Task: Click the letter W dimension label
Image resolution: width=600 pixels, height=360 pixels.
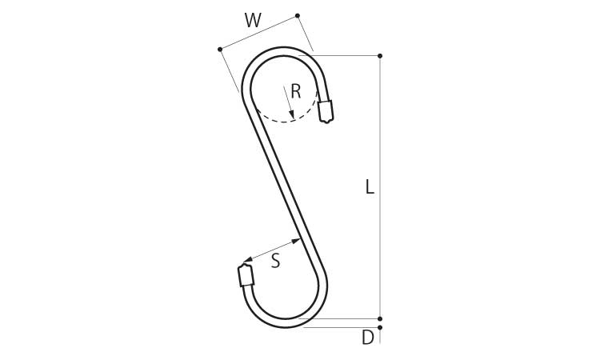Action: point(253,20)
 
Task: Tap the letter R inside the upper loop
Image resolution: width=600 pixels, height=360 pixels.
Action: point(296,92)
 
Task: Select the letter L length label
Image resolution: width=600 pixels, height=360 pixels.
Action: point(370,187)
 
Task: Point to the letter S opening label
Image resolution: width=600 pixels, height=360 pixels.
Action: point(275,261)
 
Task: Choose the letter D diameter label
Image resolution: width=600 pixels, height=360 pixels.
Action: point(368,338)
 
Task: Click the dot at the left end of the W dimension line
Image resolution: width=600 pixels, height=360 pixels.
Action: point(220,50)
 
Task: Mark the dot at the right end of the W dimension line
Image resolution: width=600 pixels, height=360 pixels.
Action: point(298,16)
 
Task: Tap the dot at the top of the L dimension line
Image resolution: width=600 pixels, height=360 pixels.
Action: point(379,56)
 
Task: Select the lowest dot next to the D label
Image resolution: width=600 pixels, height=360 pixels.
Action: point(379,327)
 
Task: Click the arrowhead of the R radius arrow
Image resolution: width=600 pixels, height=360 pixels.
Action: point(291,114)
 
